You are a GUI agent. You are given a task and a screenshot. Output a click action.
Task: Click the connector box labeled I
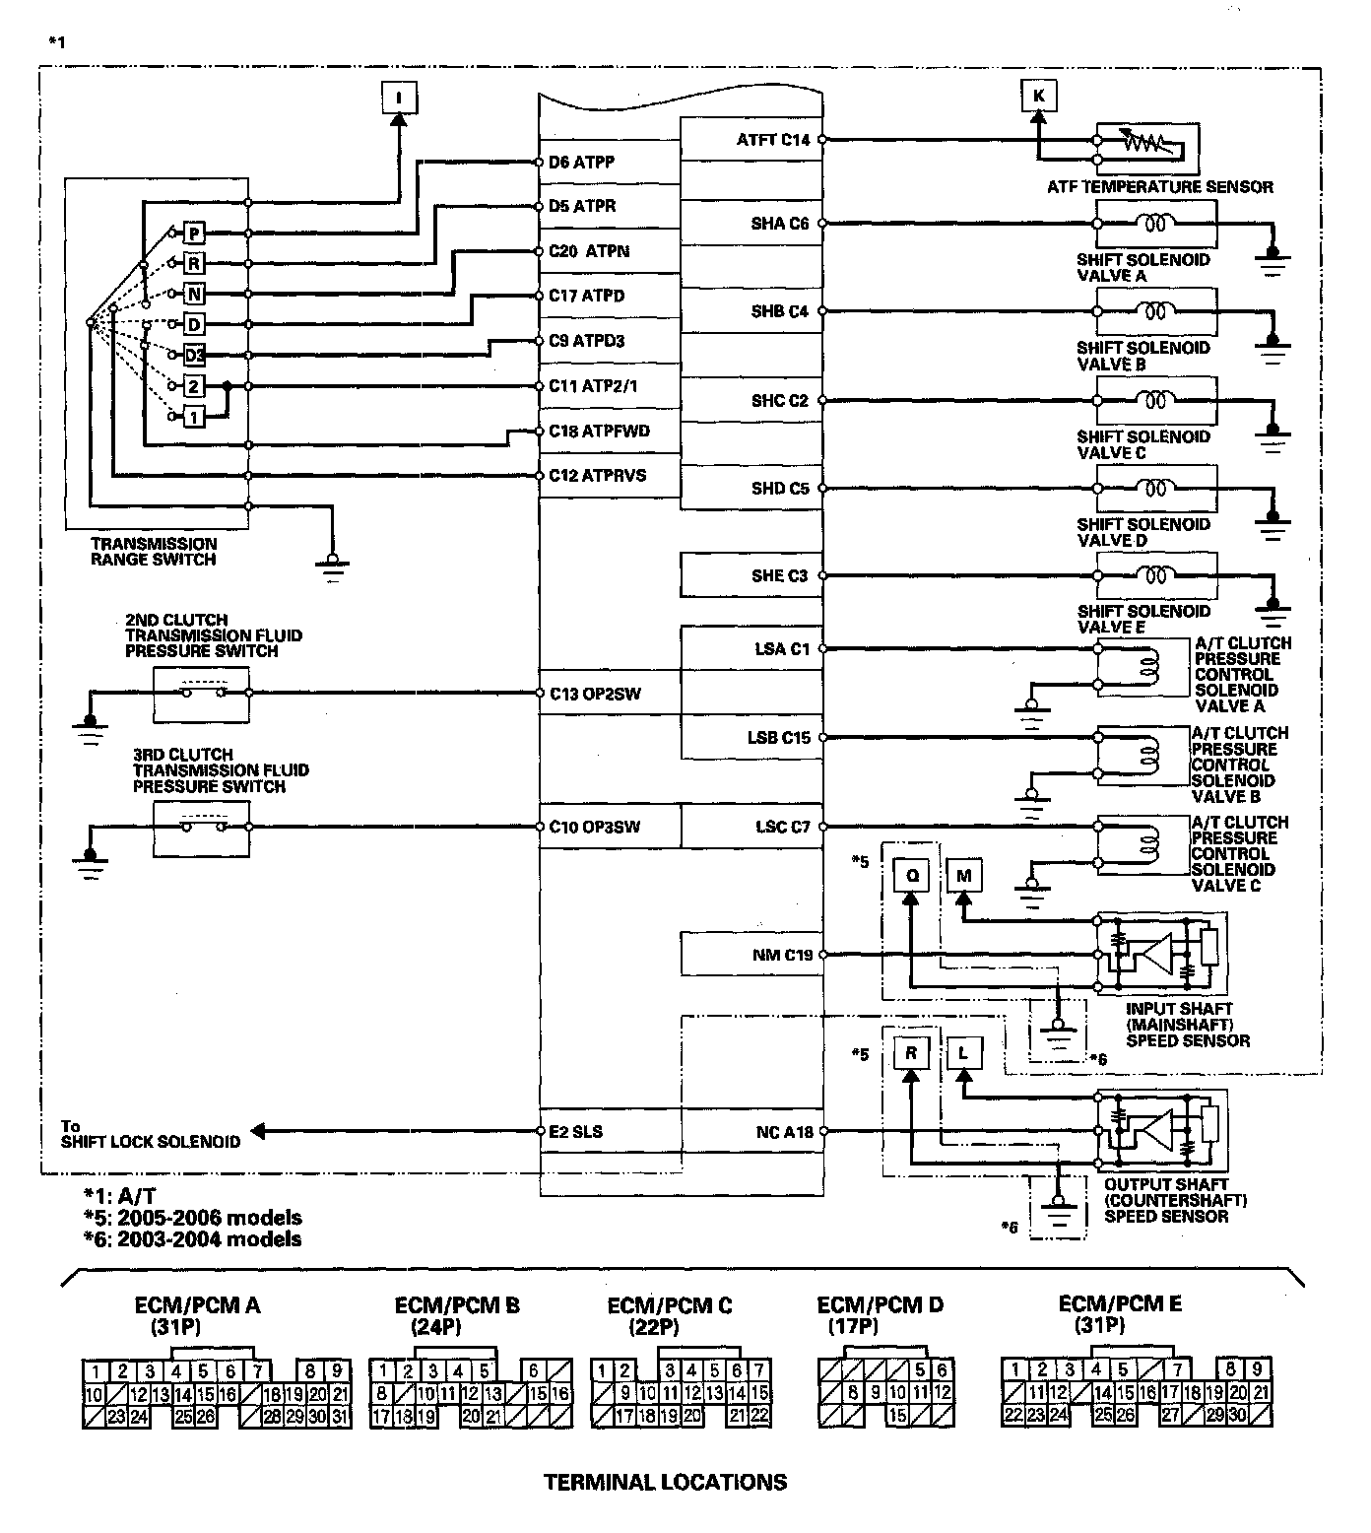click(399, 98)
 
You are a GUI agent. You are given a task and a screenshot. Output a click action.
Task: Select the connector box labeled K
click(1038, 96)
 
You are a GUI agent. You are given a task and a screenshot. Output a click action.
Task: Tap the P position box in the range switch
click(195, 233)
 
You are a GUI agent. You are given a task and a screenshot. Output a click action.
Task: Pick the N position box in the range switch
click(195, 295)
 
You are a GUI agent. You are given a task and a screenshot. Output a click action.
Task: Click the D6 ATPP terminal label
click(581, 162)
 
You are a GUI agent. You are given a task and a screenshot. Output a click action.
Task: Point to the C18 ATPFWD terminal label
click(599, 431)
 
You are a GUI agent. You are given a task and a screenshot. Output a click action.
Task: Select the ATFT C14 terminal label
click(772, 140)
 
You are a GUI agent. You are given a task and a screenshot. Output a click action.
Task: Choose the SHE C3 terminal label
click(779, 575)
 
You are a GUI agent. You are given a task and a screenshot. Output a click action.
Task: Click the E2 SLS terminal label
click(575, 1132)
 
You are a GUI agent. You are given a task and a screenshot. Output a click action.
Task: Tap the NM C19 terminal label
click(781, 955)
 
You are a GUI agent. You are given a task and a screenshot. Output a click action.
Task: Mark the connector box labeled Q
click(911, 875)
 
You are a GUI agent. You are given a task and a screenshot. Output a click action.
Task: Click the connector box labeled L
click(963, 1053)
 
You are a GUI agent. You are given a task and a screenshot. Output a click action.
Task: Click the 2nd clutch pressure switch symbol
click(202, 693)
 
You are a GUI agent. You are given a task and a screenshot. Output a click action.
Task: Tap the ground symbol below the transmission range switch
click(332, 564)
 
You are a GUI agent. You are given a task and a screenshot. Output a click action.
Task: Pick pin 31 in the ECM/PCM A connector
click(340, 1417)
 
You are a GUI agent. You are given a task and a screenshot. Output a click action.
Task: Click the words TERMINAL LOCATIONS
click(665, 1482)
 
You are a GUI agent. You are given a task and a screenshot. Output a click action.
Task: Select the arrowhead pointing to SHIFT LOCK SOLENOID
click(258, 1132)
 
